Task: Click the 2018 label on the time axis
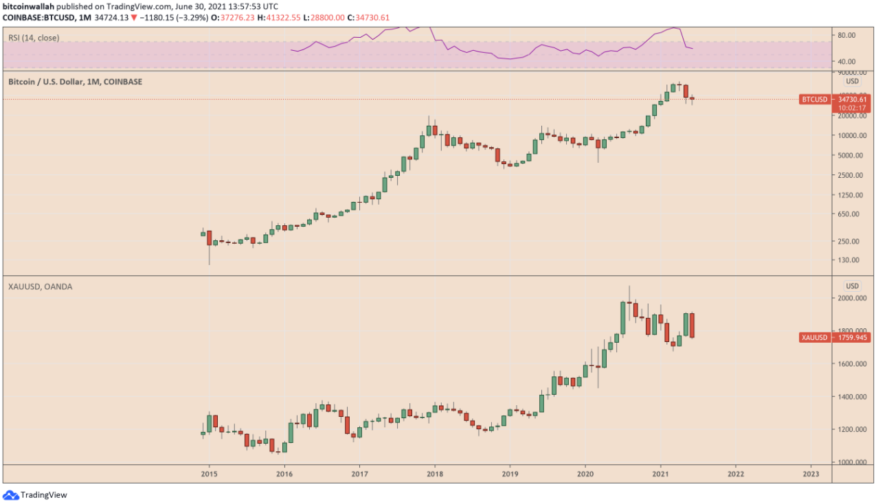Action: (434, 473)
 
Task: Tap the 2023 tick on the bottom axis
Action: (811, 473)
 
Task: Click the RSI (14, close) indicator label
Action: (34, 38)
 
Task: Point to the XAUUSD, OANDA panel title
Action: (40, 286)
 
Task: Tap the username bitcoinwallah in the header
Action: (29, 6)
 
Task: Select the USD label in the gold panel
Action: (853, 286)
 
